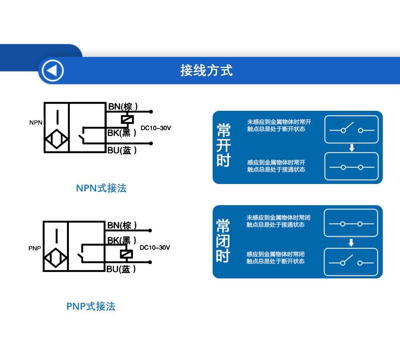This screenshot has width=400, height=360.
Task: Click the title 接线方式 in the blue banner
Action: pyautogui.click(x=206, y=70)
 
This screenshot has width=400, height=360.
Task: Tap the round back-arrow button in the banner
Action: pyautogui.click(x=53, y=70)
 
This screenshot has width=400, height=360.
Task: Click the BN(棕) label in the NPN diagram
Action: pyautogui.click(x=123, y=106)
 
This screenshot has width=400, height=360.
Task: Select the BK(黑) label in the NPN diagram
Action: pyautogui.click(x=122, y=132)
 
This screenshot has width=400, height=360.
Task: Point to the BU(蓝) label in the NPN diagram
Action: pyautogui.click(x=122, y=150)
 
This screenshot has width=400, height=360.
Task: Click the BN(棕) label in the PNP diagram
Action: pyautogui.click(x=122, y=225)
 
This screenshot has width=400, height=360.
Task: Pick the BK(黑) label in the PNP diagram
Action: pyautogui.click(x=122, y=240)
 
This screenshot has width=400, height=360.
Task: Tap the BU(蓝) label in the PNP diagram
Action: pyautogui.click(x=121, y=269)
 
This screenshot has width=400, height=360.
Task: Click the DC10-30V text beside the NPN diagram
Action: pyautogui.click(x=156, y=128)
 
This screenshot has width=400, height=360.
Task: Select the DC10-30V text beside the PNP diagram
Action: pyautogui.click(x=155, y=247)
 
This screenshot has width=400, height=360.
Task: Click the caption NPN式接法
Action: pyautogui.click(x=101, y=188)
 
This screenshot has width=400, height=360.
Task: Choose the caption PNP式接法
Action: pyautogui.click(x=91, y=306)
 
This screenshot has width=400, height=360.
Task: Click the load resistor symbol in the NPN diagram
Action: pyautogui.click(x=127, y=119)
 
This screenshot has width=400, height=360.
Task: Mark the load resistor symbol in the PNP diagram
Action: pyautogui.click(x=126, y=254)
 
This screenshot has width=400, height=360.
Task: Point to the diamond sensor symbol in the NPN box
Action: pyautogui.click(x=56, y=139)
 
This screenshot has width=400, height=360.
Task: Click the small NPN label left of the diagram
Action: pyautogui.click(x=36, y=122)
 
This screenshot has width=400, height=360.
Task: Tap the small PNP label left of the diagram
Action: pyautogui.click(x=35, y=248)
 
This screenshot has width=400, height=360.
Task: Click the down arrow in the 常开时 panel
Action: pyautogui.click(x=352, y=148)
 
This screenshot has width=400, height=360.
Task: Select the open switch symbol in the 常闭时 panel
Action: pyautogui.click(x=351, y=262)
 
